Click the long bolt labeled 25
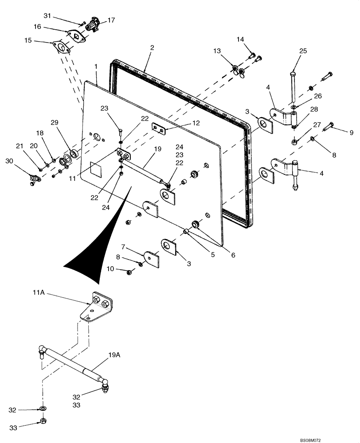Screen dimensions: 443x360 click(293, 89)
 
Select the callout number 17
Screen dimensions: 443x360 click(110, 20)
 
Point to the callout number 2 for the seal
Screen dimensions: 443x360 click(152, 47)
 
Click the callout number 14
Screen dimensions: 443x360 click(240, 39)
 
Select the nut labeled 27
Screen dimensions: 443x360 click(294, 142)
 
